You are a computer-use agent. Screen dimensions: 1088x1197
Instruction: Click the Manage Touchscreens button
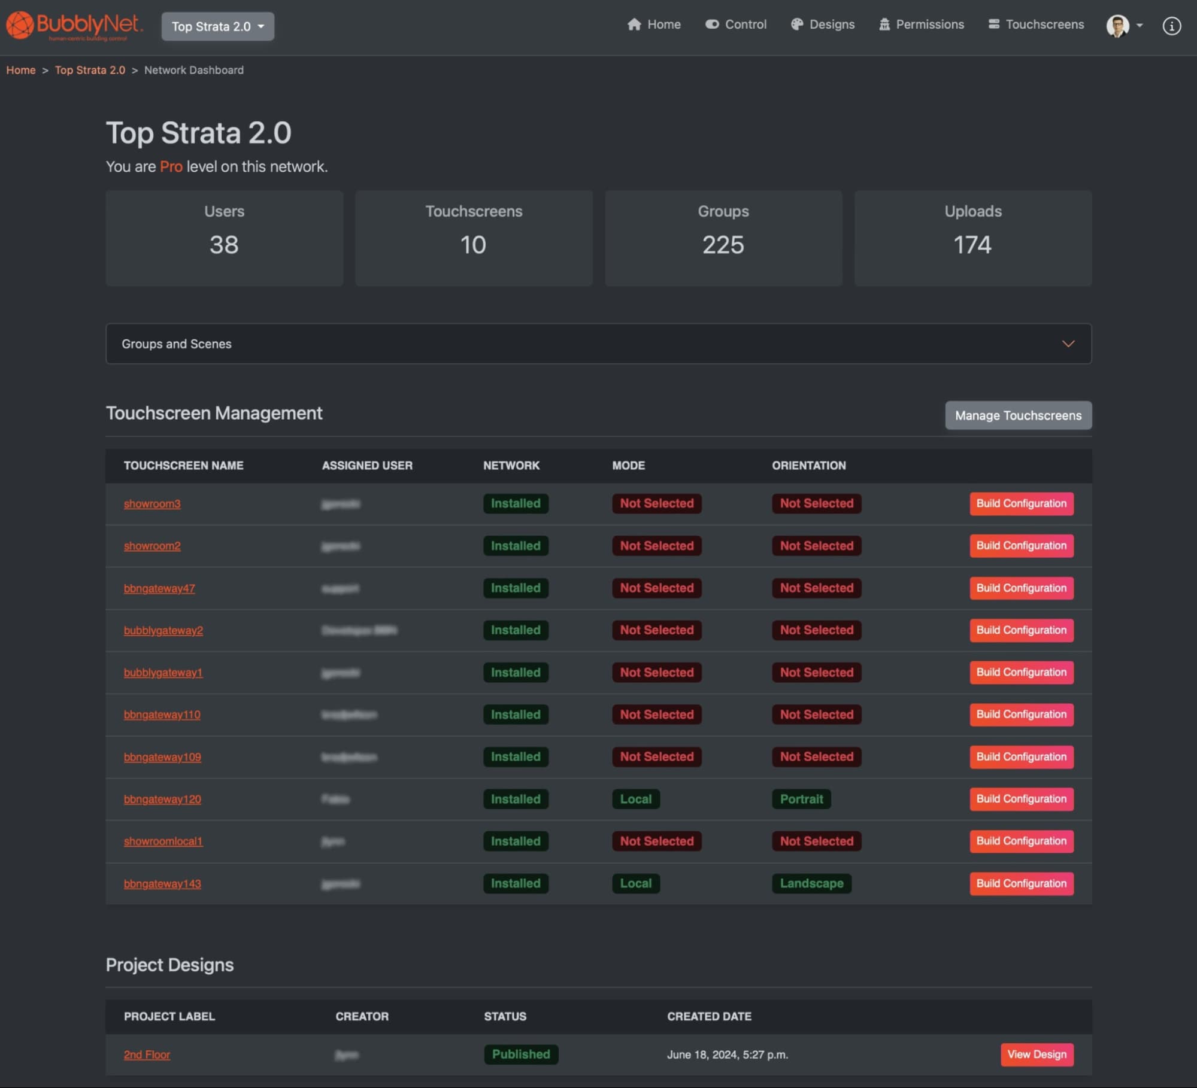[x=1018, y=415]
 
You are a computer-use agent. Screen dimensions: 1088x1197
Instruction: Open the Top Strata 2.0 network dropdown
[x=217, y=26]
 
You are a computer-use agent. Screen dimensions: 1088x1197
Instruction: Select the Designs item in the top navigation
[x=823, y=25]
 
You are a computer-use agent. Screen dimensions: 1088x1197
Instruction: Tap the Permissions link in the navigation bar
[x=922, y=25]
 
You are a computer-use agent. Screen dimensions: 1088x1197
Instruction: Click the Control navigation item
[x=736, y=25]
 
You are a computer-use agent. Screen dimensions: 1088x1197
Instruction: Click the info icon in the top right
[x=1171, y=26]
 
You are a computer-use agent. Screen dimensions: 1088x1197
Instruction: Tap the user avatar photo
[x=1117, y=26]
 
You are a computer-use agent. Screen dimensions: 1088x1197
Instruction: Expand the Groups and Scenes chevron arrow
[x=1068, y=344]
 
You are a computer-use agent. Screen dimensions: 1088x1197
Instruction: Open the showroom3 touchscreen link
[x=152, y=504]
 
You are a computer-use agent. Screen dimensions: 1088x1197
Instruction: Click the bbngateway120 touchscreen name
[x=162, y=799]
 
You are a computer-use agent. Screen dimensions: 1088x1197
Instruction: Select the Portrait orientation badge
[x=801, y=799]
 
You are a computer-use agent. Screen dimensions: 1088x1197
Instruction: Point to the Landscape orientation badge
[x=811, y=883]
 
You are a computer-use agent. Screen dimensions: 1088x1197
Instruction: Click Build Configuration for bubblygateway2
[x=1021, y=630]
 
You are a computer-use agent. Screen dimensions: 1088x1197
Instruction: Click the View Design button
[x=1037, y=1054]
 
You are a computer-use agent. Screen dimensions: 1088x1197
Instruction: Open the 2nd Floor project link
[x=147, y=1054]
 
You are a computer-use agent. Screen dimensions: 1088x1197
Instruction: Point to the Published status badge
[x=521, y=1054]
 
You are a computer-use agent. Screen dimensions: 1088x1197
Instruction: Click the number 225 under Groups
[x=723, y=245]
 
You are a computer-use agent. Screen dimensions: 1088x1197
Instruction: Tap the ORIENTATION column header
[x=808, y=466]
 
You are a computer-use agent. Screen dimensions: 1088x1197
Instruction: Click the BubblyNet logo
[x=74, y=26]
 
